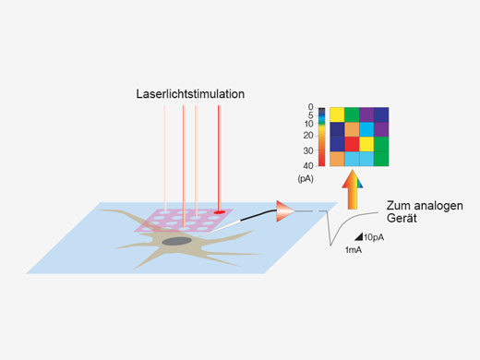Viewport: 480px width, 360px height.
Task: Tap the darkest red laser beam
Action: tap(219, 157)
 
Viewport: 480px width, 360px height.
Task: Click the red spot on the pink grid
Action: tap(219, 211)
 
